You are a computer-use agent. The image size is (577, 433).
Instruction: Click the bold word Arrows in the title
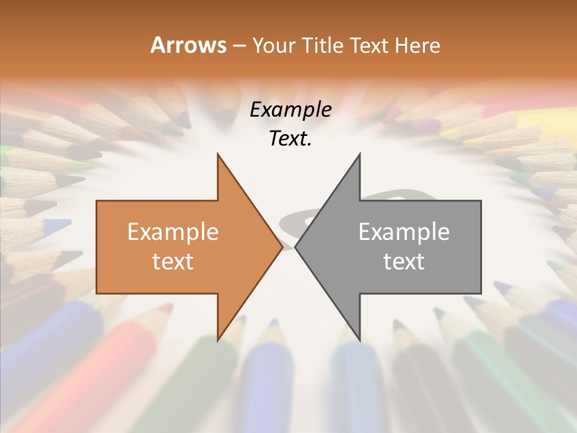coord(188,46)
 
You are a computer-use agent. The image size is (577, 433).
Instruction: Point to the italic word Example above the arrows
coord(290,109)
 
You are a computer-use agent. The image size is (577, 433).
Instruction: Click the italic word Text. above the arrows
coord(290,138)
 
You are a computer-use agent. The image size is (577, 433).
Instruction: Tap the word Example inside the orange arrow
coord(172,232)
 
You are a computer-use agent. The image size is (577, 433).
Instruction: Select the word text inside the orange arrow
coord(172,261)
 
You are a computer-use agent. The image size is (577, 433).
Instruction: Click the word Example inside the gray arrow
coord(404,232)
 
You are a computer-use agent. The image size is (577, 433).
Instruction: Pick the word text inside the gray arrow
coord(404,261)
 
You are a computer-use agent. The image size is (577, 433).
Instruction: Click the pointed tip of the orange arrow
coord(282,247)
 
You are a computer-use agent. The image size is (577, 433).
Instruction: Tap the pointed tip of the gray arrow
coord(296,247)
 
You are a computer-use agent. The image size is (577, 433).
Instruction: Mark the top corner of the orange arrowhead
coord(218,154)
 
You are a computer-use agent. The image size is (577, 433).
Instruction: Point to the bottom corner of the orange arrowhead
coord(218,340)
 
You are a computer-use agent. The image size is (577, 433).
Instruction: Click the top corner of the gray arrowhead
coord(359,154)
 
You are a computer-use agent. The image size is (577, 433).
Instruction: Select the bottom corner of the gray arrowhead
coord(359,340)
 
